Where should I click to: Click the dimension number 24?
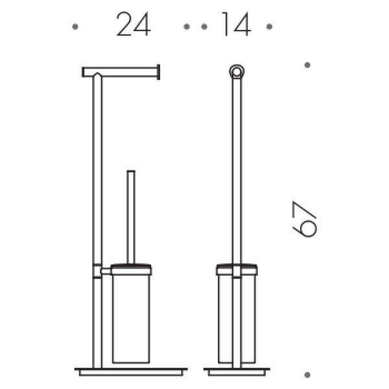[x=134, y=24]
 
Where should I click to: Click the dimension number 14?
[x=237, y=24]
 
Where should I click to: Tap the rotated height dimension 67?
[x=305, y=219]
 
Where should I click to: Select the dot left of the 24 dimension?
[x=75, y=27]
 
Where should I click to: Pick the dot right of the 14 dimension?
[x=269, y=27]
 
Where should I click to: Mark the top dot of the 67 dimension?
[x=307, y=65]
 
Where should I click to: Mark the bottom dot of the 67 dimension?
[x=307, y=375]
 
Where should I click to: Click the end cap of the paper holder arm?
[x=159, y=72]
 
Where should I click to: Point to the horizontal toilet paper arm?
[x=120, y=72]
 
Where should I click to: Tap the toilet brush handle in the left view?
[x=131, y=217]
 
